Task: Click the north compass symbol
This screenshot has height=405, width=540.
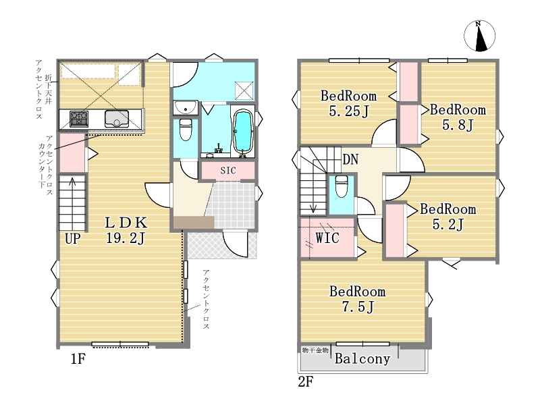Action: point(479,36)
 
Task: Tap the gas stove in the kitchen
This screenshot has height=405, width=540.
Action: point(79,119)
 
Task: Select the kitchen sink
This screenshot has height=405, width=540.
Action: point(117,119)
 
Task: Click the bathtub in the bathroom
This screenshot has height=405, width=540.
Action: point(244,131)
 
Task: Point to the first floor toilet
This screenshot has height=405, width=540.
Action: point(186,130)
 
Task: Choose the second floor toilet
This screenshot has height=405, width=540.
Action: point(342,186)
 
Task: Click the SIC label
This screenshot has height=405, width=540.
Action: point(228,170)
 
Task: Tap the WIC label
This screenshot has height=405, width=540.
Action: point(327,238)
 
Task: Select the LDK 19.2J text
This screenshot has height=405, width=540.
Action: point(126,230)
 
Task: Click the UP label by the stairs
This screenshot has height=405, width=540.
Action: point(73,238)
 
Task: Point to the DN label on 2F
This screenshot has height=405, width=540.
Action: point(350,159)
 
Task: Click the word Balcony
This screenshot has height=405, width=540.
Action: point(362,359)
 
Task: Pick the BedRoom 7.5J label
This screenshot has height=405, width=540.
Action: point(358,299)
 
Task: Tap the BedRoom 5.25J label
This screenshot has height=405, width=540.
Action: point(348,103)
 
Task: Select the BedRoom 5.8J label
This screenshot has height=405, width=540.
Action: point(458,117)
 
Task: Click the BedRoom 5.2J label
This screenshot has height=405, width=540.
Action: point(448,217)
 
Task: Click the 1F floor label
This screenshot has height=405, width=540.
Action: point(78,359)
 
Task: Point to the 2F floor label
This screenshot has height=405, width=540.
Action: point(306,381)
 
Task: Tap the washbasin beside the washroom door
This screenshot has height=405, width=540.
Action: point(186,107)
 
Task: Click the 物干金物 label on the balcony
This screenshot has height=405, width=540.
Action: point(315,350)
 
